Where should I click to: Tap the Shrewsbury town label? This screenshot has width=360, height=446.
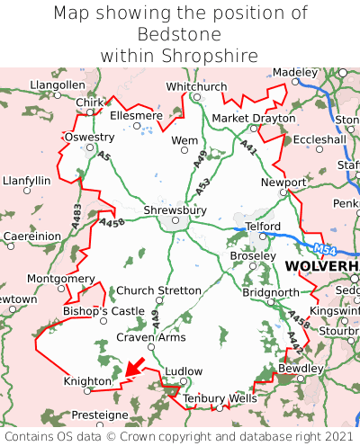(175, 210)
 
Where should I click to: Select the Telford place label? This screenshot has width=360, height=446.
(263, 227)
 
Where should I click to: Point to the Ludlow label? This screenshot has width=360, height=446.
(185, 370)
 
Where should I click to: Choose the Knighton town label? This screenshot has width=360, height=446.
(86, 381)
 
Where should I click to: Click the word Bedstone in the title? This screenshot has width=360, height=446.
(180, 34)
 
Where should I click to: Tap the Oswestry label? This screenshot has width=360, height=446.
(89, 138)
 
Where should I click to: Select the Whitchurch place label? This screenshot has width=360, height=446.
(196, 86)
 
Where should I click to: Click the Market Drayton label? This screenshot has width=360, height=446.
(253, 119)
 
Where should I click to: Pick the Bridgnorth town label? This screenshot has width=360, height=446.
(270, 293)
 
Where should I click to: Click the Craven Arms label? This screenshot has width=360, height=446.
(151, 337)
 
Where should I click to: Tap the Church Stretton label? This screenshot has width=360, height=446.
(159, 290)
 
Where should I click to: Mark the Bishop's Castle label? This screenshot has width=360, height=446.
(103, 311)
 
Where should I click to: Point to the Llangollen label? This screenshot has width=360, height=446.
(58, 85)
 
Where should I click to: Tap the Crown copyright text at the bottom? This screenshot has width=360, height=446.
(180, 436)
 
